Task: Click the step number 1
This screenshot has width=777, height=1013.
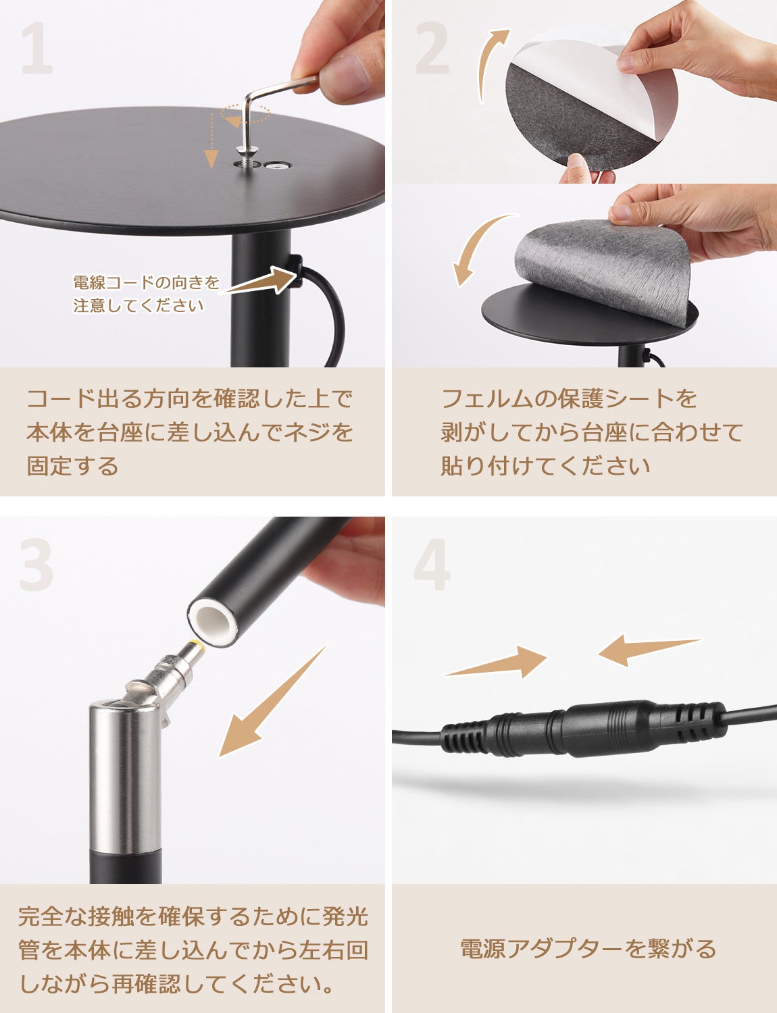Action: (36, 49)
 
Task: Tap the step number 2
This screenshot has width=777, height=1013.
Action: (432, 49)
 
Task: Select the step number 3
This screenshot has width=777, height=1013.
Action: (36, 565)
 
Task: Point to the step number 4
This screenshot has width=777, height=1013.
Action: (432, 565)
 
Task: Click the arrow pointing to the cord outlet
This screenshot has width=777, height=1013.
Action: (261, 281)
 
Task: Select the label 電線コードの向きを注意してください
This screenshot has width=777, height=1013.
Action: (146, 294)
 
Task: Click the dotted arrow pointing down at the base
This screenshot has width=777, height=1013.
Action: (211, 140)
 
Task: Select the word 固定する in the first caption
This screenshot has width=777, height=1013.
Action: (73, 466)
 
